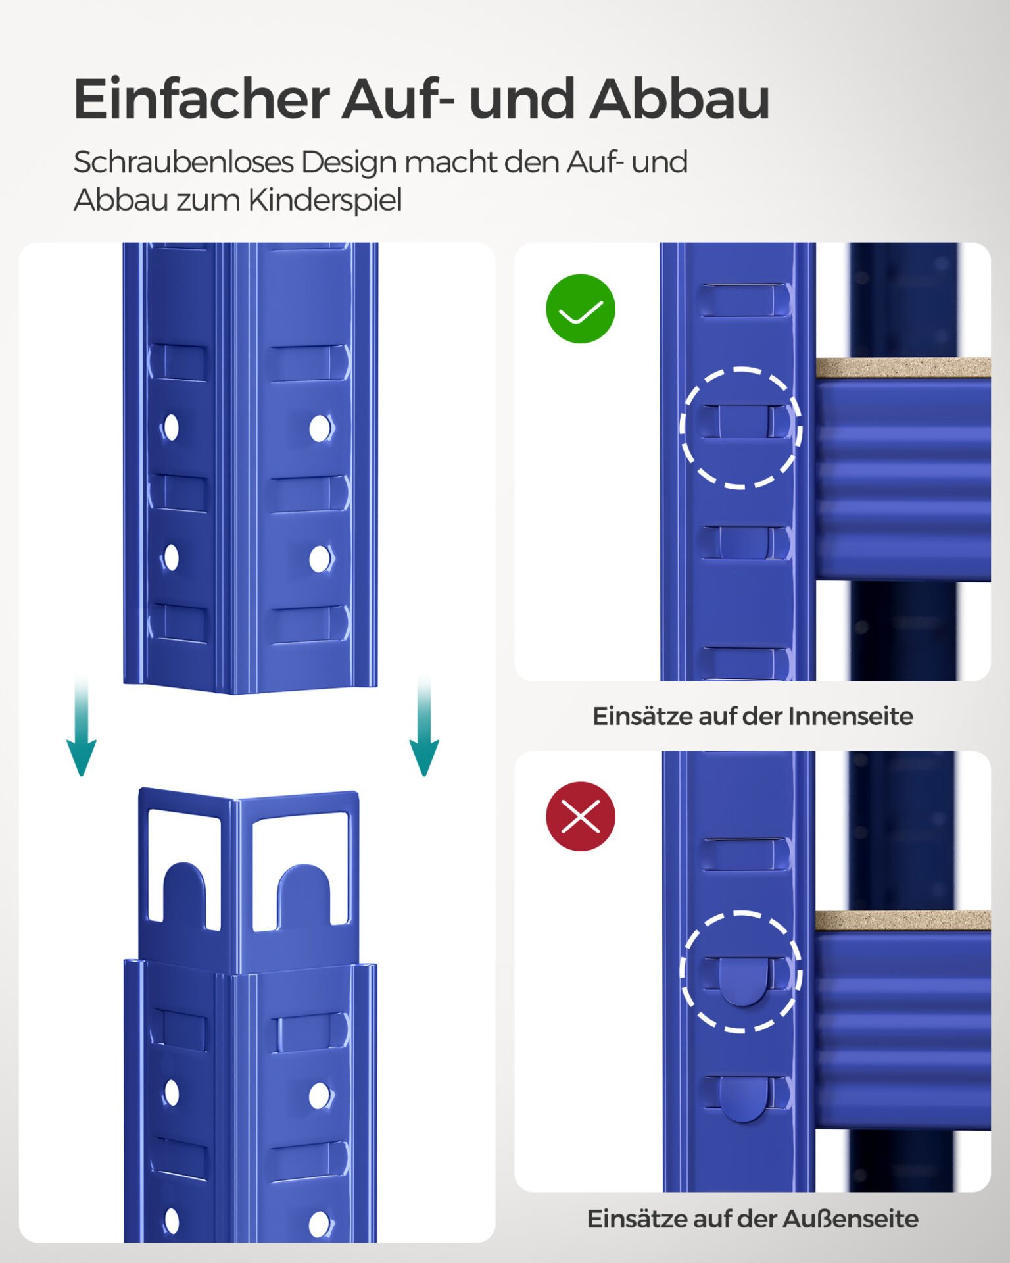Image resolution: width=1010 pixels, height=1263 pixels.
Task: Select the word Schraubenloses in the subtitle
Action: click(183, 162)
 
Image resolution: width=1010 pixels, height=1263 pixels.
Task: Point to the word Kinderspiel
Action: click(325, 200)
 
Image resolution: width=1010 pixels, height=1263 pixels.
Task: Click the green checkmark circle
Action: click(580, 309)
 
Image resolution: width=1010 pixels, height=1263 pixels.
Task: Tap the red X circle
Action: click(580, 816)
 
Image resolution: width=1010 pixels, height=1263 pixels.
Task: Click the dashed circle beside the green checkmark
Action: click(741, 428)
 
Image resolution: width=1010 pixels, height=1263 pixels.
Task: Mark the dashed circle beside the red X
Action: click(741, 972)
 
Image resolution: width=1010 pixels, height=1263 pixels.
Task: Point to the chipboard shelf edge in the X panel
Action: click(903, 921)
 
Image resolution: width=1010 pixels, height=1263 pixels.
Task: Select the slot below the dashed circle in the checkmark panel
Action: click(743, 543)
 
